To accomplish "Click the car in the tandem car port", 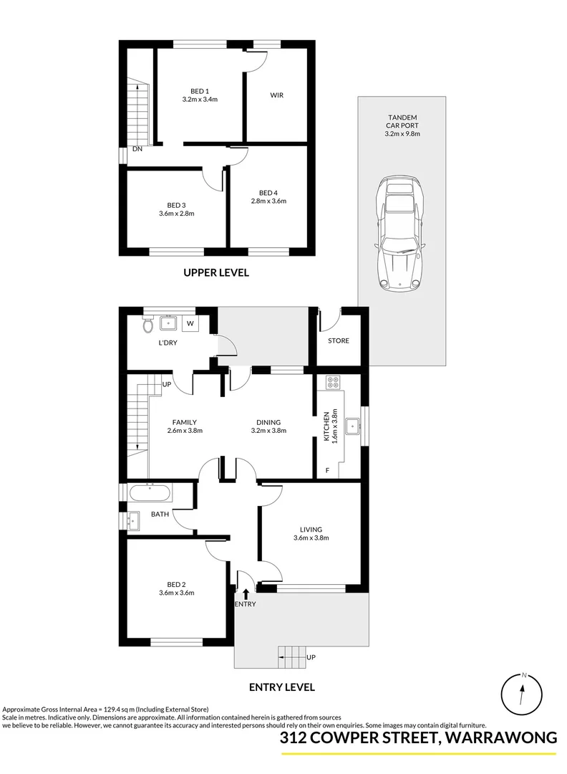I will tap(400, 233).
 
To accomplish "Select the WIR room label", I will tap(277, 95).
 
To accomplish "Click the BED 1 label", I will tap(200, 91).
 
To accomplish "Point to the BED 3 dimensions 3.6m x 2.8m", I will tap(177, 213).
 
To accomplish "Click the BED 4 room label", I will tap(268, 192).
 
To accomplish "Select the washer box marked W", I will tap(190, 324).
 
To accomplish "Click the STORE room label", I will tap(339, 340).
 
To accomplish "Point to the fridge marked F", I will tap(328, 470).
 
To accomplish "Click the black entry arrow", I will tap(246, 593).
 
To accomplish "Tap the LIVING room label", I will tap(311, 530).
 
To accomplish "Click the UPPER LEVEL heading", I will tap(215, 273).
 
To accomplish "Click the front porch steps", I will tap(291, 653).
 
